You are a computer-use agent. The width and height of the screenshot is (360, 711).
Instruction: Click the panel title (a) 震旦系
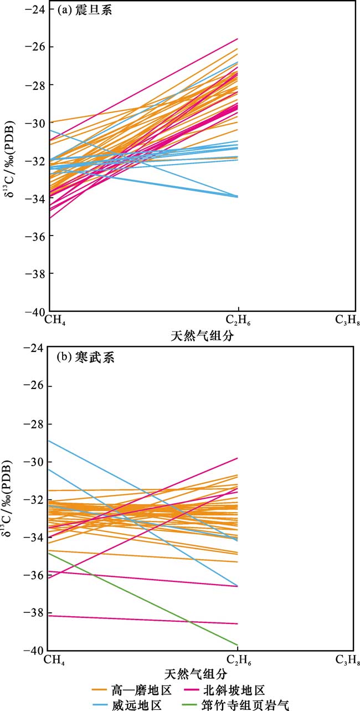pyautogui.click(x=85, y=10)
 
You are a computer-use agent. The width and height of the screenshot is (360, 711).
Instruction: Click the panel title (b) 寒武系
pyautogui.click(x=85, y=357)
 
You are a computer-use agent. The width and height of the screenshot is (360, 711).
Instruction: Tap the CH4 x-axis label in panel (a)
pyautogui.click(x=56, y=320)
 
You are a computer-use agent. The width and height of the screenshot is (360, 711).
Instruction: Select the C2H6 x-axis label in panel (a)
pyautogui.click(x=239, y=320)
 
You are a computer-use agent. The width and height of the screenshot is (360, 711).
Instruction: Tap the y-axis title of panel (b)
pyautogui.click(x=12, y=499)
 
